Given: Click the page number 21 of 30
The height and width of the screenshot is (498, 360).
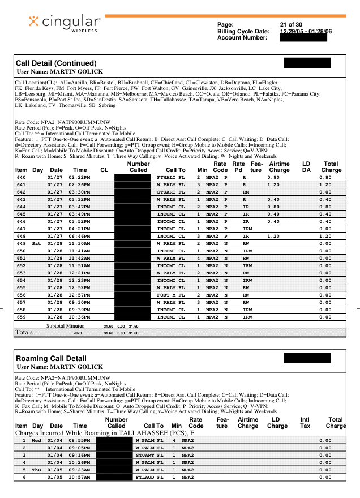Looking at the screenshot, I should click(x=291, y=25).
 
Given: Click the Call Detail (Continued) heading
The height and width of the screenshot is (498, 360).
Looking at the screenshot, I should click(x=56, y=63).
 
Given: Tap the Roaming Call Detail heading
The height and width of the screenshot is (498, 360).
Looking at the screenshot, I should click(x=51, y=358).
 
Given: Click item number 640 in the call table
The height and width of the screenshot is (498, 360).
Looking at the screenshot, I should click(x=22, y=177).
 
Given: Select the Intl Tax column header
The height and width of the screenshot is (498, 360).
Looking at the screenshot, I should click(x=305, y=423).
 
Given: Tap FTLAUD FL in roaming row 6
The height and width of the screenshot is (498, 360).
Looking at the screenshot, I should click(x=149, y=477).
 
